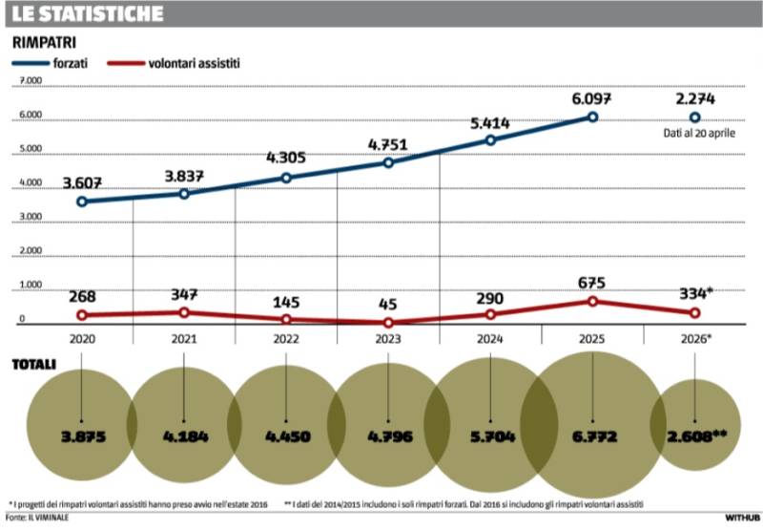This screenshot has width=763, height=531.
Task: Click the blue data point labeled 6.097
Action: tap(592, 117)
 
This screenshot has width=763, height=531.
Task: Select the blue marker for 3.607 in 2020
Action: tap(82, 202)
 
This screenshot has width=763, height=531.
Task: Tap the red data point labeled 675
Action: tap(592, 301)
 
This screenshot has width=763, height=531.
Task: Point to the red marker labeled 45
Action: tap(388, 323)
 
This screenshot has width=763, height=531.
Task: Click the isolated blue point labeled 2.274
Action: tap(694, 117)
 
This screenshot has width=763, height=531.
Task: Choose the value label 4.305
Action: tap(285, 159)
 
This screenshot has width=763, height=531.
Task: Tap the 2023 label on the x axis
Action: tap(388, 337)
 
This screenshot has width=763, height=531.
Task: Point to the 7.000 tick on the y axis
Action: tap(31, 82)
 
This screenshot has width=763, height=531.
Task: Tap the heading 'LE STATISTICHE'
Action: tap(87, 14)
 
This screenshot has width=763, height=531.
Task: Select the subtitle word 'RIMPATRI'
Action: tap(44, 42)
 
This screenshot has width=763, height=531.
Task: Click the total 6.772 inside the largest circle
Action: tap(592, 436)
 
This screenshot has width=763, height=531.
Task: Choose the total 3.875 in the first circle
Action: tap(82, 436)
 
